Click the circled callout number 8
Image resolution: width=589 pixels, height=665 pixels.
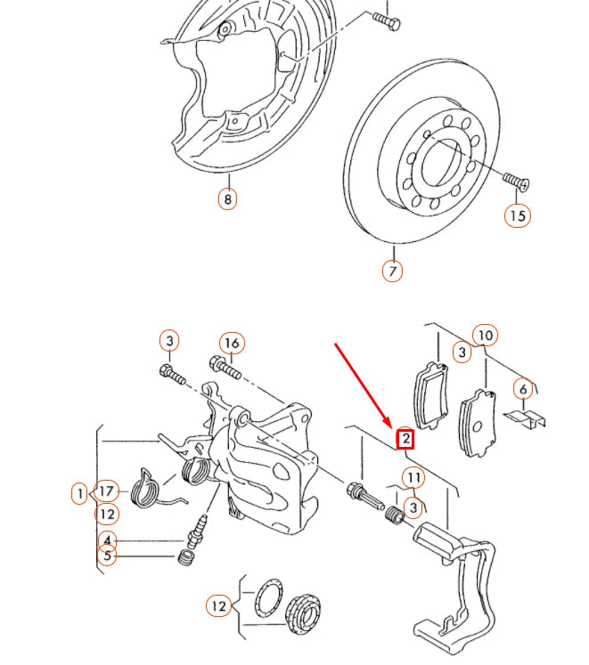coord(227,199)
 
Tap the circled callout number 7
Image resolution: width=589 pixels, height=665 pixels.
coord(393,270)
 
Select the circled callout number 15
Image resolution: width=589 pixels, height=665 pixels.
coord(518,215)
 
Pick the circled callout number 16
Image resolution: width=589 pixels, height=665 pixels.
coord(232,343)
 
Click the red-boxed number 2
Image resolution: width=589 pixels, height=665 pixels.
coord(405,438)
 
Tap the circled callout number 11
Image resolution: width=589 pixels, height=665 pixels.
coord(413,479)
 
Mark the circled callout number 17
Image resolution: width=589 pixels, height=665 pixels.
coord(107,491)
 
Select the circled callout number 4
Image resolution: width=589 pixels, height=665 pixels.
coord(107,540)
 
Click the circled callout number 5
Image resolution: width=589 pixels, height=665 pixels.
coord(107,557)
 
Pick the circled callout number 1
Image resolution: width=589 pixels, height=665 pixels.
coord(80,492)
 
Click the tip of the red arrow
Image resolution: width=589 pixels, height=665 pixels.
coord(389,425)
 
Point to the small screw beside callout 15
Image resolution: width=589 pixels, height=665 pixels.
coord(514,182)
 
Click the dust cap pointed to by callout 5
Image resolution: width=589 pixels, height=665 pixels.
coord(186,558)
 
